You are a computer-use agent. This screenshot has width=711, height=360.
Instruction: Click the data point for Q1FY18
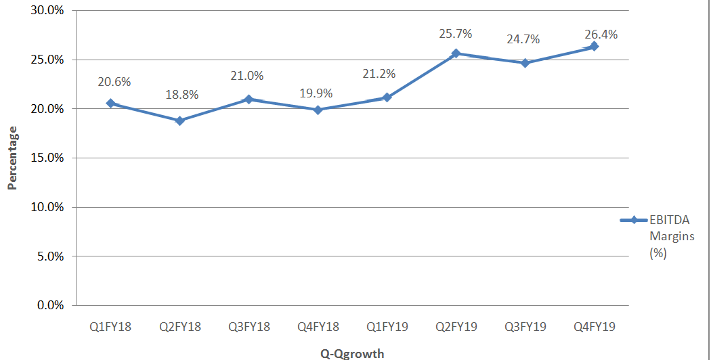110,104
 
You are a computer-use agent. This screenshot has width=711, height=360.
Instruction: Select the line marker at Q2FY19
456,53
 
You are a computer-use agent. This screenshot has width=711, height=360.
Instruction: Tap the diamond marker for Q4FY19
594,46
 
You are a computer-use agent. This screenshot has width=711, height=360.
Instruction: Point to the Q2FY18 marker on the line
179,121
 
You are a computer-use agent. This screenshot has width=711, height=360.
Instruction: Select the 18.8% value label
181,95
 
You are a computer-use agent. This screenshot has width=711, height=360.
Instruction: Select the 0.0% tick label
50,305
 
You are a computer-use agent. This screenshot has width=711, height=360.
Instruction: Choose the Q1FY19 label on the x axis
387,327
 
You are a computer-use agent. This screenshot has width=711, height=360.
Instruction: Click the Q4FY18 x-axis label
318,327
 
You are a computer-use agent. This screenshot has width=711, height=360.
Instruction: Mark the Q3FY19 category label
525,327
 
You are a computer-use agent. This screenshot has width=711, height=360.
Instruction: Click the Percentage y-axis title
12,158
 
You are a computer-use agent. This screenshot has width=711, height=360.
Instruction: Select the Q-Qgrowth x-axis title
352,353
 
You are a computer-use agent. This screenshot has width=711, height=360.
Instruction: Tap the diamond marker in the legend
634,220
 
